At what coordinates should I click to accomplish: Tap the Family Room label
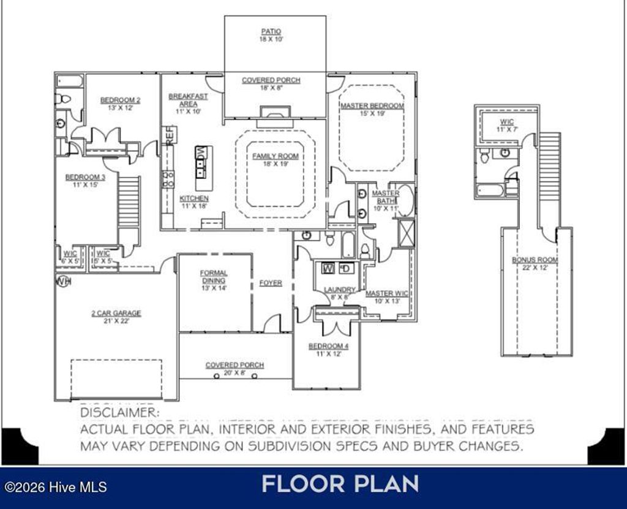(276, 160)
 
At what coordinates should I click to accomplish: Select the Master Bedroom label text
(372, 110)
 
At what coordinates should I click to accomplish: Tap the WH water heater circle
(62, 281)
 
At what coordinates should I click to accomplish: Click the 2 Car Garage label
(116, 317)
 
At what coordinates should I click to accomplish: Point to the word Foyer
(271, 283)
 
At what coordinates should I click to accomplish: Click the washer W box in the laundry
(328, 268)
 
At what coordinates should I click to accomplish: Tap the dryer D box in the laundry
(345, 268)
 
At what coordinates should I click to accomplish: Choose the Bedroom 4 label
(327, 349)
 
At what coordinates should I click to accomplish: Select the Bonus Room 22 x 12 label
(535, 263)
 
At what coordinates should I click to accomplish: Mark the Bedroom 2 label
(121, 104)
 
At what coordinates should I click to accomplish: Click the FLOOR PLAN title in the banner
(340, 484)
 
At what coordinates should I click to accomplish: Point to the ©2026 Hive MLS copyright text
(56, 487)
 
